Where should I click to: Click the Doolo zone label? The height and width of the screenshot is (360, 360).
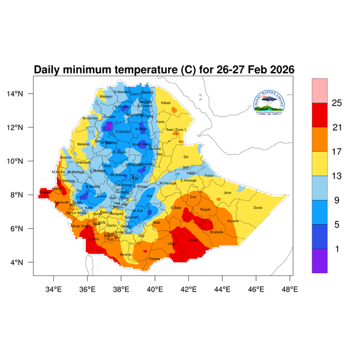pyautogui.click(x=258, y=208)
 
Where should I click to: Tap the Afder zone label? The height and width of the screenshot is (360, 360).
pyautogui.click(x=193, y=240)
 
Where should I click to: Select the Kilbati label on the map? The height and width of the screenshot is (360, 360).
pyautogui.click(x=166, y=104)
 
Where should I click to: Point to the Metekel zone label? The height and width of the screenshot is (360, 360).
pyautogui.click(x=83, y=144)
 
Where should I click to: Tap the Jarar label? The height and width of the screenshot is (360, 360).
pyautogui.click(x=227, y=193)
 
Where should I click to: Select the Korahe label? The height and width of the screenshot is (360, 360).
pyautogui.click(x=233, y=221)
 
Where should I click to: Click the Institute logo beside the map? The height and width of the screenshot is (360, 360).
pyautogui.click(x=272, y=103)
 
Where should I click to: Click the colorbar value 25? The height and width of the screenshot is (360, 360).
pyautogui.click(x=337, y=103)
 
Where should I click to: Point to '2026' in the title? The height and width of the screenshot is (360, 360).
pyautogui.click(x=278, y=70)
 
